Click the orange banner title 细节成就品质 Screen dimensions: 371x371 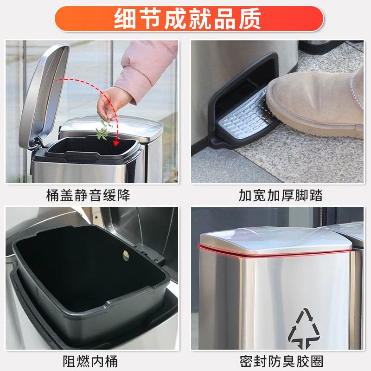pos(187,19)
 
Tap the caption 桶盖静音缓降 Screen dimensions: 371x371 pos(88,195)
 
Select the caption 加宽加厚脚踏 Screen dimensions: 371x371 pos(281,195)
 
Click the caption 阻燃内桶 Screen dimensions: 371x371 pos(90,361)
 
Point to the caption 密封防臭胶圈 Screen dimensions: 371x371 pos(281,361)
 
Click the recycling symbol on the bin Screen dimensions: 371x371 pos(304,328)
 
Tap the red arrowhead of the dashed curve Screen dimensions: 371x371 pos(115,143)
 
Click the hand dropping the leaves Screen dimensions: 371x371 pos(111,103)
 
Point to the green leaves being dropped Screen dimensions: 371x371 pos(103,129)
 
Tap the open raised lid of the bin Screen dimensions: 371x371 pos(44,95)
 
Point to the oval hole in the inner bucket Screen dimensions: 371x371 pos(126,256)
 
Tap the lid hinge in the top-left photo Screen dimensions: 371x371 pos(36,144)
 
